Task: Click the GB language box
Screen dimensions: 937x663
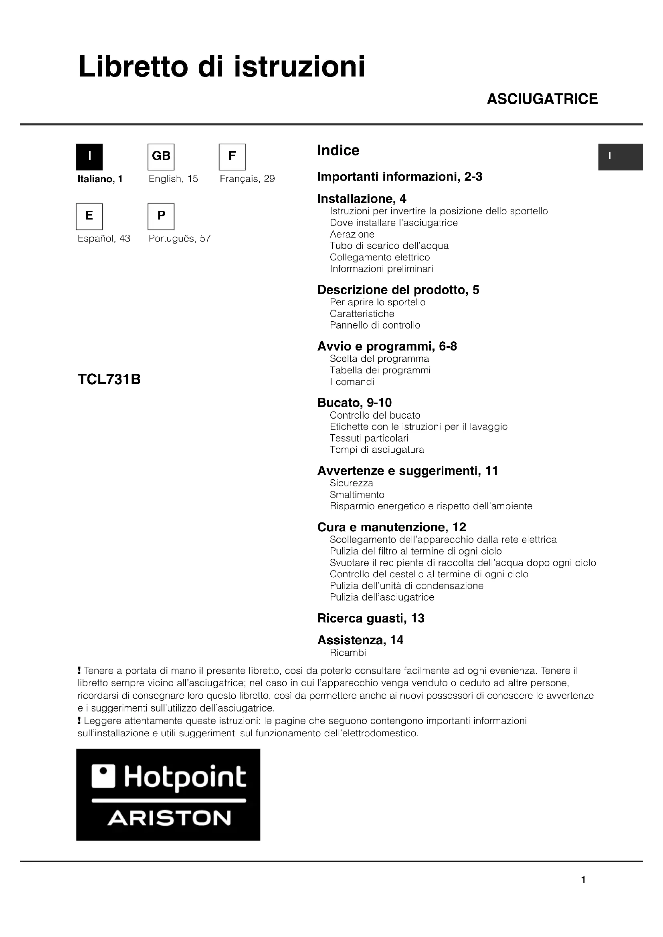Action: pos(161,157)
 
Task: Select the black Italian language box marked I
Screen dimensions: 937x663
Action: pos(89,157)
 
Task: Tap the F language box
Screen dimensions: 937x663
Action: pos(232,157)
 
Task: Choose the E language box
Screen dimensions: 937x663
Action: pos(89,216)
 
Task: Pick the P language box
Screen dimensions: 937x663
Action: pos(161,216)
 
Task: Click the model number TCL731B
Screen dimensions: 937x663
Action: pos(109,379)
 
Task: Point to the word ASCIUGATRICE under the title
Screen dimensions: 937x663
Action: pos(542,99)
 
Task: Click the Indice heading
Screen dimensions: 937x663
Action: pos(338,150)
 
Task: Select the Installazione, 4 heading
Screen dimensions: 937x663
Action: pos(362,199)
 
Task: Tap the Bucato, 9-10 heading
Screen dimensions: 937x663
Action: pos(354,403)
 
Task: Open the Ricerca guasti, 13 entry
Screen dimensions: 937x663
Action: pos(371,618)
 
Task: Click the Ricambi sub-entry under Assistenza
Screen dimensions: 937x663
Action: pos(348,653)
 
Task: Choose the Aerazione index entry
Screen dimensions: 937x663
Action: pos(352,234)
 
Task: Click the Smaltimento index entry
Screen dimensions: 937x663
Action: pos(357,495)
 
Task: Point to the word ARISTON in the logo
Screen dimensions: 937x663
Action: pos(169,819)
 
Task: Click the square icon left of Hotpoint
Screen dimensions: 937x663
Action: pos(103,776)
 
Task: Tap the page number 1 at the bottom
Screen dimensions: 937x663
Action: pos(583,880)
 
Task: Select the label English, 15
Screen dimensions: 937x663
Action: pos(173,179)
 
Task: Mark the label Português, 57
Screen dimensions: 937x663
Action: pos(180,238)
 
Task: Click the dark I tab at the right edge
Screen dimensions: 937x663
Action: pos(621,157)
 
